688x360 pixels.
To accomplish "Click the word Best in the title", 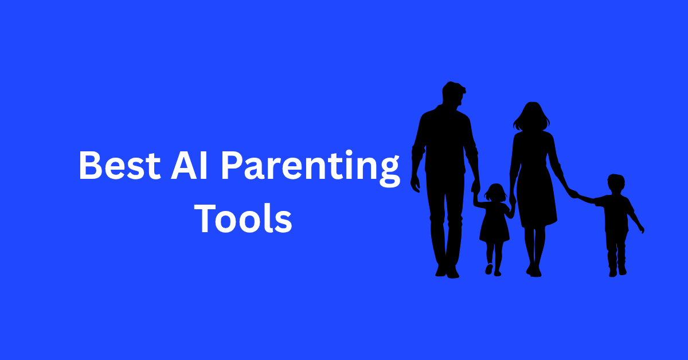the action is [120, 165].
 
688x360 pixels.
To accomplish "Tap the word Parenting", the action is [311, 168].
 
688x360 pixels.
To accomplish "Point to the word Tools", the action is [243, 218].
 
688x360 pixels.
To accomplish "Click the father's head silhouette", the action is [454, 93].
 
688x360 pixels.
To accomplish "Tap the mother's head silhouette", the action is [531, 116].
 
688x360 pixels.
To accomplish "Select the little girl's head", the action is [495, 193].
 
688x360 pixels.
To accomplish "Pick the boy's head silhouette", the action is [616, 185].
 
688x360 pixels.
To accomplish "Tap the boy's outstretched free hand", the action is [642, 229].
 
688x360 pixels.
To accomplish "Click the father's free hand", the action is [415, 185].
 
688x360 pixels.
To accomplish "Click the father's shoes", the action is [447, 271].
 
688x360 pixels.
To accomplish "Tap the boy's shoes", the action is [617, 271].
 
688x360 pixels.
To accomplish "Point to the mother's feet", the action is [534, 271].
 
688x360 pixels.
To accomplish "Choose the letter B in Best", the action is [91, 165].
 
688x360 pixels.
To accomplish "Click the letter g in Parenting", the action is [389, 172].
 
